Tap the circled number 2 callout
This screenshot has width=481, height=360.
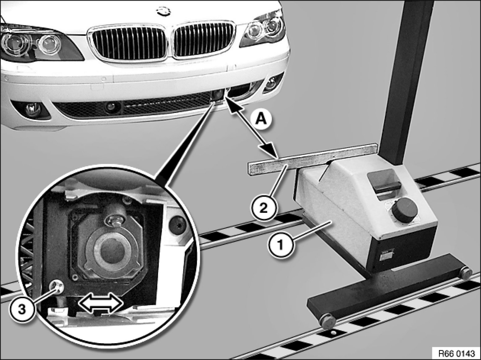coord(263,208)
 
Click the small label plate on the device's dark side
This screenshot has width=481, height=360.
coord(386,255)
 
